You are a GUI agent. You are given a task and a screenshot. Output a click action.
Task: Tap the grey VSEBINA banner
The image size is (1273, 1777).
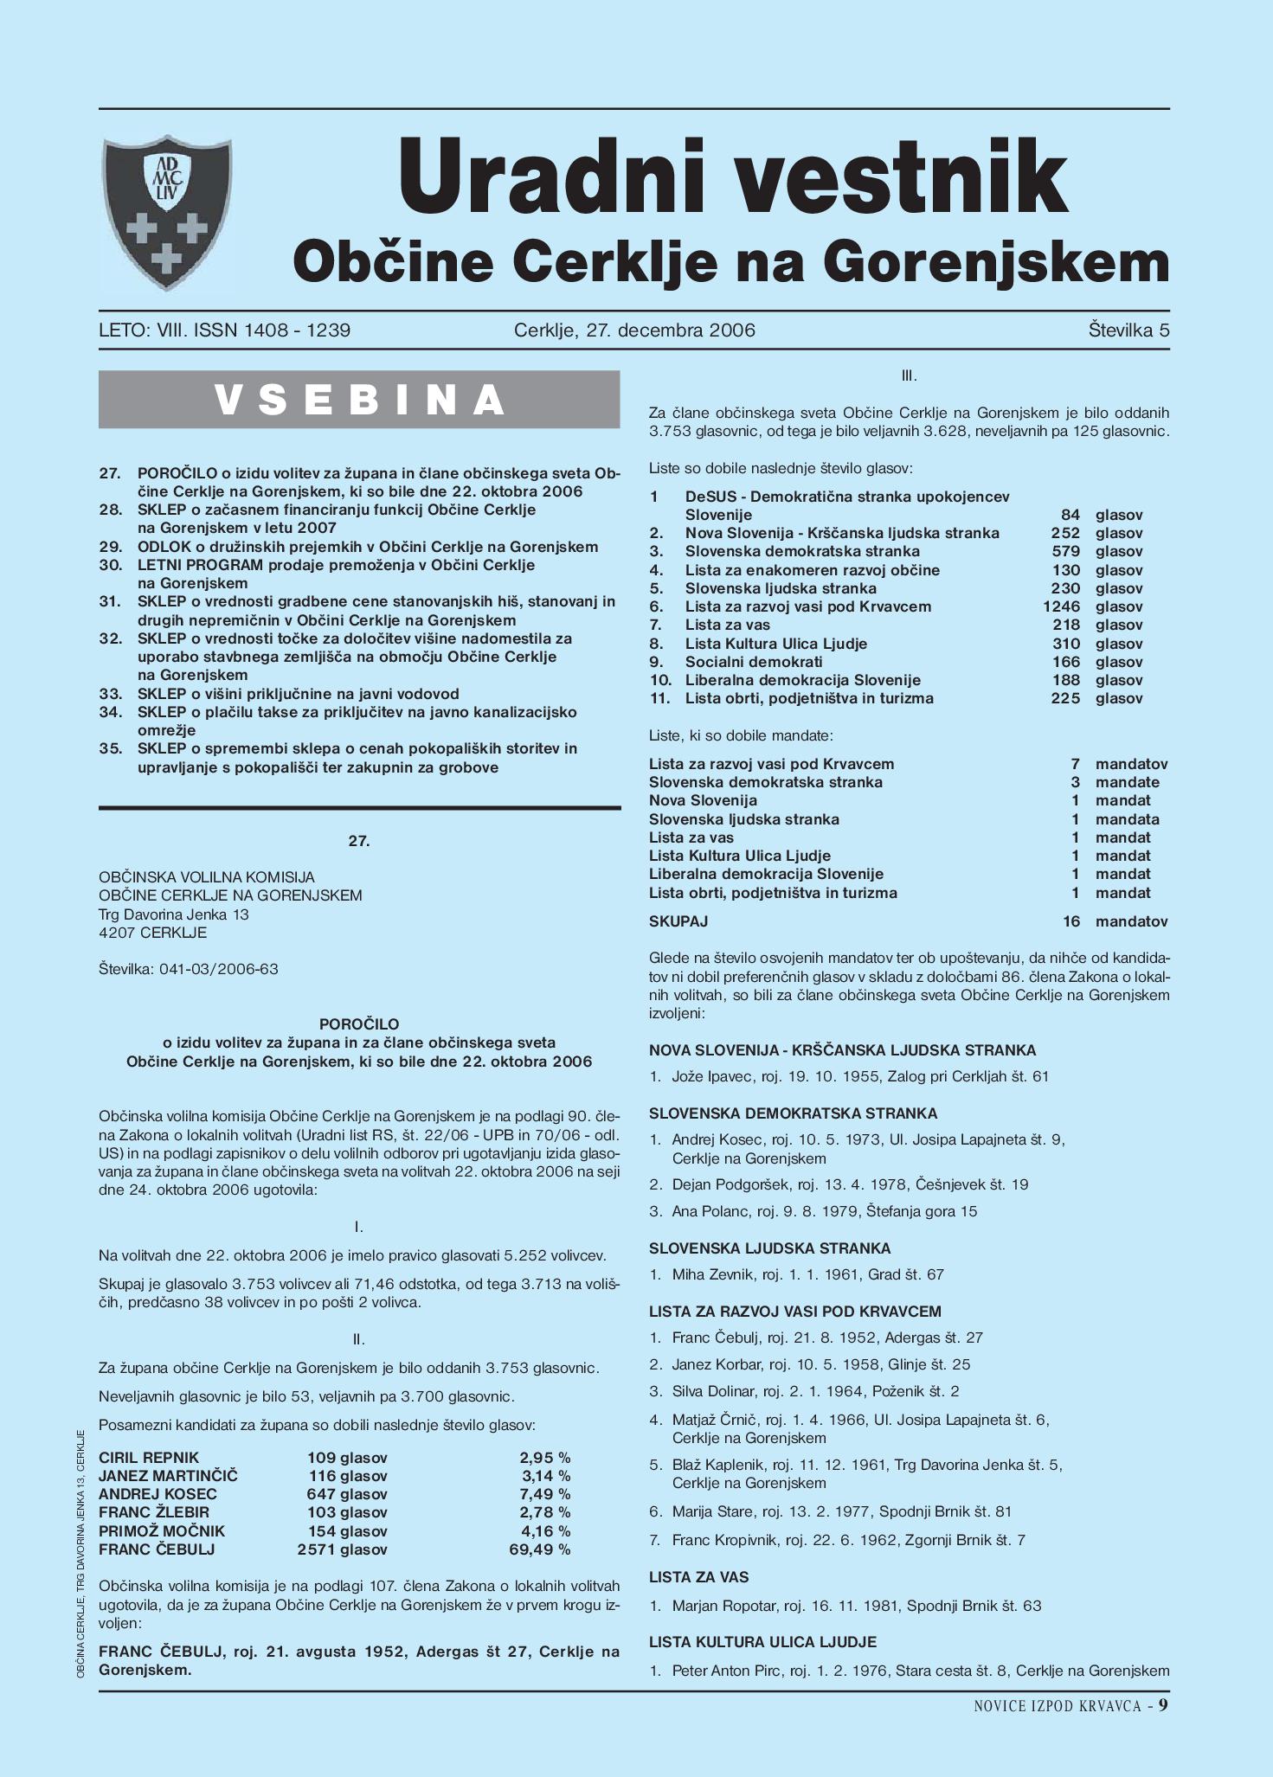click(359, 399)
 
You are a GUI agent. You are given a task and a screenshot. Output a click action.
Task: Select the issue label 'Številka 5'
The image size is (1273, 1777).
click(1128, 330)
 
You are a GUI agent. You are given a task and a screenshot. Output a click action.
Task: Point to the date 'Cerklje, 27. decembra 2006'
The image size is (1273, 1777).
click(634, 330)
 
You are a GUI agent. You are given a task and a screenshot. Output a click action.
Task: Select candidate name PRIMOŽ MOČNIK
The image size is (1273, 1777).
click(162, 1531)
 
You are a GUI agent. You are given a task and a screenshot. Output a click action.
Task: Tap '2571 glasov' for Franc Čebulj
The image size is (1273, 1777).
click(342, 1549)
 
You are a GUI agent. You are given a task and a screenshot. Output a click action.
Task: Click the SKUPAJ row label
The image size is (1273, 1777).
click(678, 921)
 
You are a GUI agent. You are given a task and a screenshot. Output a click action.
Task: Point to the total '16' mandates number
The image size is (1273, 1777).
click(1071, 921)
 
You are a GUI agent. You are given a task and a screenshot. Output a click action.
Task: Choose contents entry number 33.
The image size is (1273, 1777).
click(110, 694)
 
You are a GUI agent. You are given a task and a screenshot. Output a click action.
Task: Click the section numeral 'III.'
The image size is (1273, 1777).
click(909, 375)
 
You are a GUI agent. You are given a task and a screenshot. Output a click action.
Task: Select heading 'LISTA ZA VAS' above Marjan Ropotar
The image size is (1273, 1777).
click(698, 1577)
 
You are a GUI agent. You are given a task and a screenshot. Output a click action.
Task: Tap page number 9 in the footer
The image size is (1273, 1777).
click(1164, 1704)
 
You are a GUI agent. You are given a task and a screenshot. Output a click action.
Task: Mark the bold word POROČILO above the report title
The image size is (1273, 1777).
click(359, 1024)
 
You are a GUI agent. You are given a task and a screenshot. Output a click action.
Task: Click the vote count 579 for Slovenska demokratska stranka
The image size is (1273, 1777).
click(1066, 551)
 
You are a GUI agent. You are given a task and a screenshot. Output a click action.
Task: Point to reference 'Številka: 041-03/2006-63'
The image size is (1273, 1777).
click(189, 969)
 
